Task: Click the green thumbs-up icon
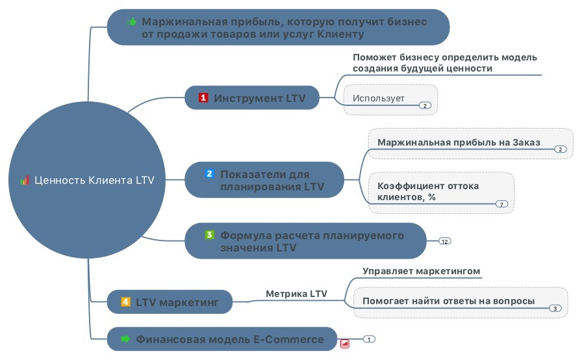(132, 22)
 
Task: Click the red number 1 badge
(203, 97)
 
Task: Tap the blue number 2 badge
(209, 174)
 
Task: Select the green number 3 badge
(209, 235)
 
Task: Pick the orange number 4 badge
(125, 302)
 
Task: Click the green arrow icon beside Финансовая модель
(125, 339)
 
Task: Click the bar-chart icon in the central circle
(25, 181)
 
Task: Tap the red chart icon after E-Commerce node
(344, 344)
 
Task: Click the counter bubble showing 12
(445, 241)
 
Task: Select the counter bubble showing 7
(501, 204)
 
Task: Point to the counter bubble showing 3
(555, 309)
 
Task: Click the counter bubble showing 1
(369, 339)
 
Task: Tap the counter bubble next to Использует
(425, 106)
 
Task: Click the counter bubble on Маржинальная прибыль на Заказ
(561, 149)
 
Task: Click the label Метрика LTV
(297, 294)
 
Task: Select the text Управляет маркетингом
(422, 271)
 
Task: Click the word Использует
(378, 98)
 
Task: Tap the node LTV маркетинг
(170, 302)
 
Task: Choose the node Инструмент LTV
(252, 97)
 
